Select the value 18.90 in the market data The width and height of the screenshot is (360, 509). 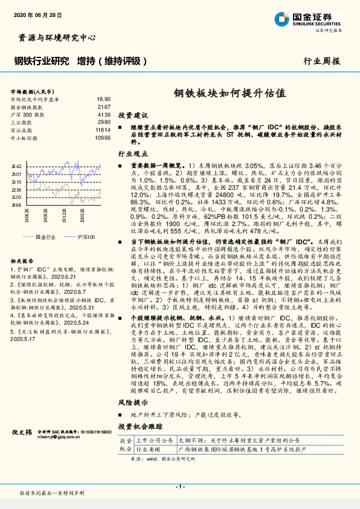[x=103, y=99]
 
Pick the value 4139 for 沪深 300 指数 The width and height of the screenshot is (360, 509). [x=104, y=114]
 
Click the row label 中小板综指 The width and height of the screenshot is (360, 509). [x=25, y=137]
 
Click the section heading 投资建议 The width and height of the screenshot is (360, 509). [x=133, y=114]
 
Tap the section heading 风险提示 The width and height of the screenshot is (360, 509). [x=133, y=401]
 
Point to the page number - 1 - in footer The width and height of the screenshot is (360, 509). [x=180, y=487]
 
